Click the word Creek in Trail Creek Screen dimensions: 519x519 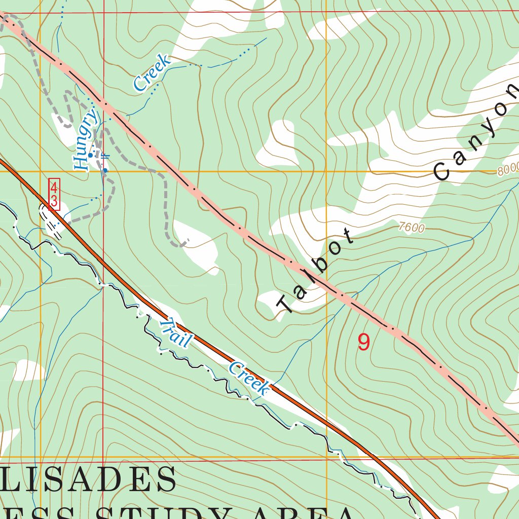(248, 378)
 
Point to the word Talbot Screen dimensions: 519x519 (314, 272)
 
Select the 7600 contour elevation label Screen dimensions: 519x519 (411, 228)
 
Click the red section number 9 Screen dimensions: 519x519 (363, 343)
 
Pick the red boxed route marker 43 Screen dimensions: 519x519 (54, 194)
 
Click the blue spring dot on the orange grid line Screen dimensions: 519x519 (105, 171)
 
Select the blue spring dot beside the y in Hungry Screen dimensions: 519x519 (90, 155)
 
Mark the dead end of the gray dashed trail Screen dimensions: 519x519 (188, 239)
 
